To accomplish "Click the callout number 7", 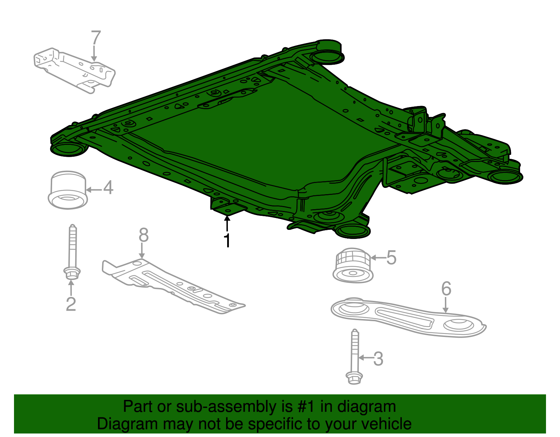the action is pos(96,37).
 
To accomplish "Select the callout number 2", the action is pos(71,304).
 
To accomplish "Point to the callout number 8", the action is pos(143,235).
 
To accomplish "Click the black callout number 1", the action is pos(227,240).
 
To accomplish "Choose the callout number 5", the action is pos(391,258).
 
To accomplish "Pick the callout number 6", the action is pos(446,288).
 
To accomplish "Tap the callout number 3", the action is pos(378,359).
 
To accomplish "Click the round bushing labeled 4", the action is pos(68,190).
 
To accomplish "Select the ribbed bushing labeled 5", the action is pos(353,266).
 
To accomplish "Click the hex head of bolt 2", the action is pos(72,273).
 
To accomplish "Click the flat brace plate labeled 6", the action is pos(408,317).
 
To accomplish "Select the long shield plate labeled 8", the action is pos(173,287).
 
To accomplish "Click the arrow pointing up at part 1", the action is pos(227,224).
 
